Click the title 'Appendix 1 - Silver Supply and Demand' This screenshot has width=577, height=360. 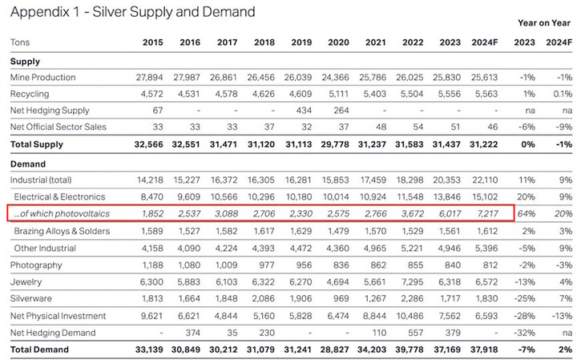[132, 13]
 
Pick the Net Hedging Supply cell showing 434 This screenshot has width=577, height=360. [304, 110]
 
